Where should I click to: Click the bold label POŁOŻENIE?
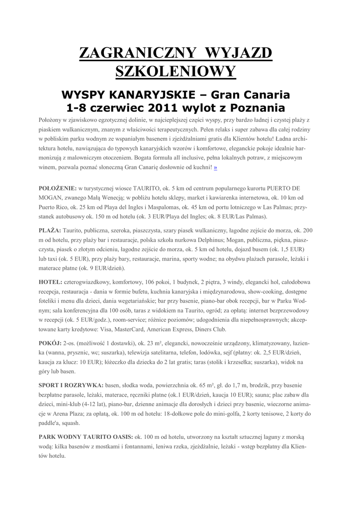point(57,189)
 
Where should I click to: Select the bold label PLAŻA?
point(50,231)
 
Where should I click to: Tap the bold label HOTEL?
point(51,282)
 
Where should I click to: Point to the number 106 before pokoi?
point(155,282)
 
